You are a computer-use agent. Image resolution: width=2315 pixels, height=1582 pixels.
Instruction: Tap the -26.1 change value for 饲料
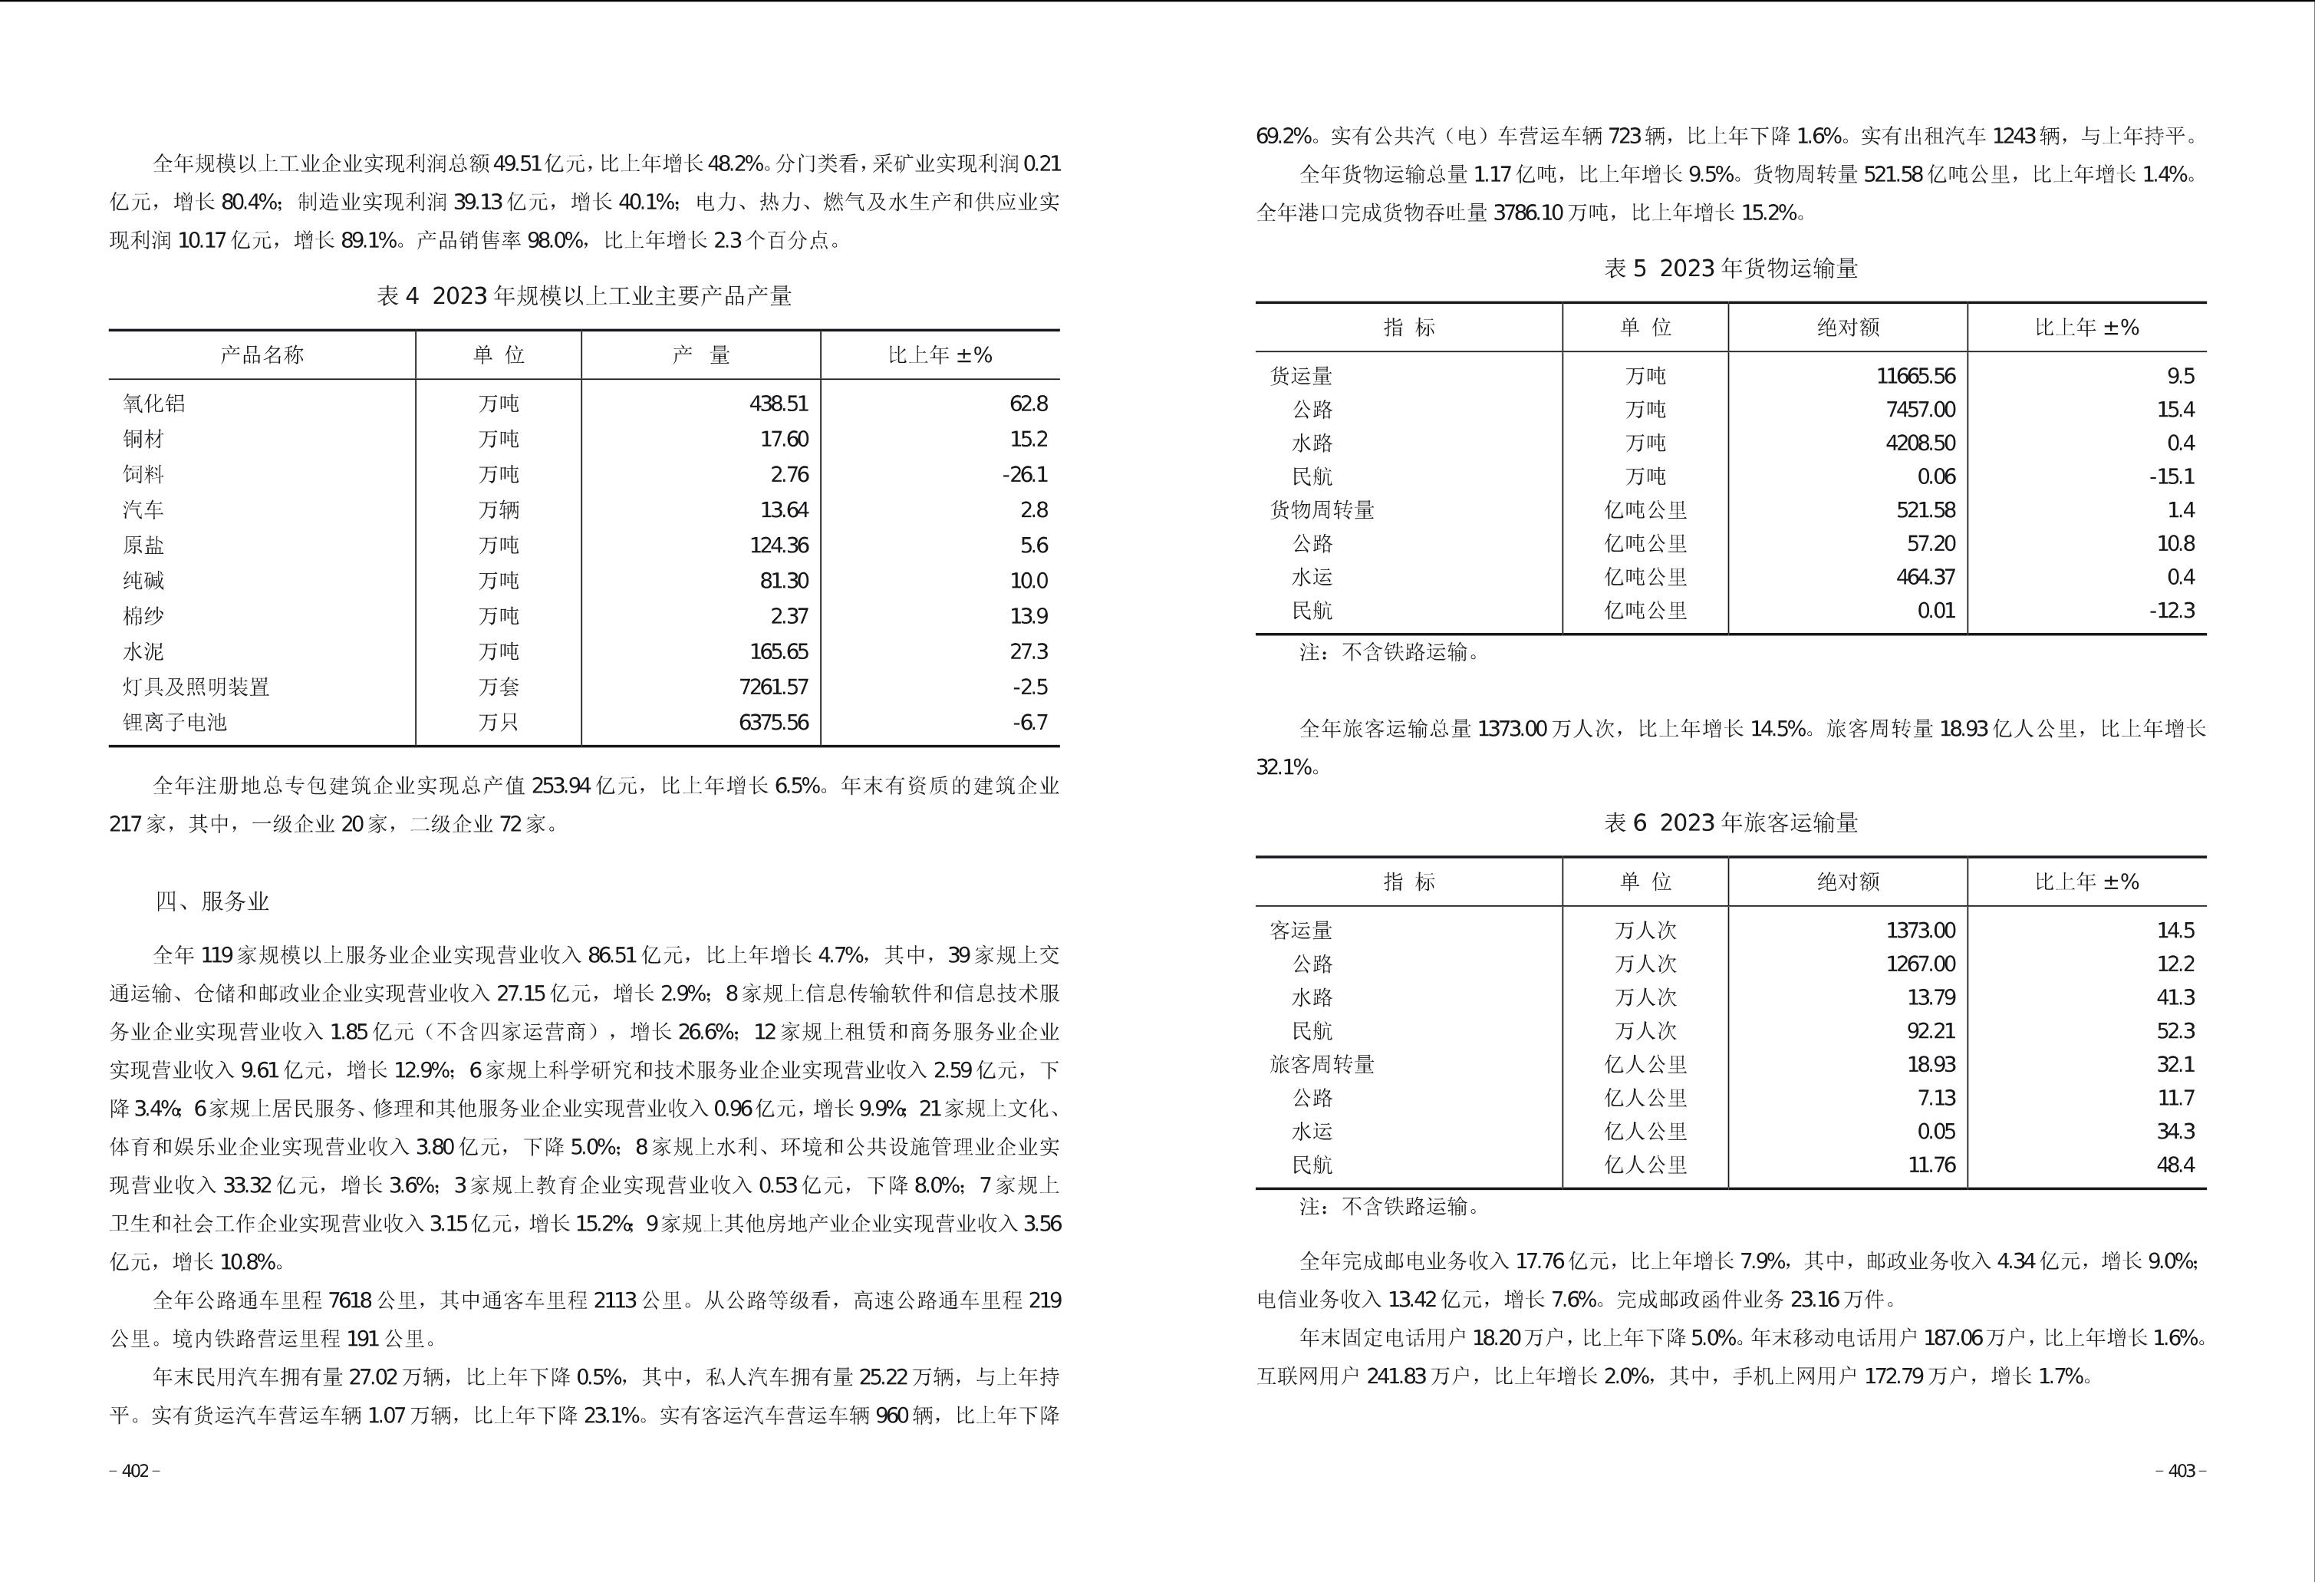tap(1024, 474)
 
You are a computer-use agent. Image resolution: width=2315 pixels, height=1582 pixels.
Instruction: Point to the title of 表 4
tap(584, 296)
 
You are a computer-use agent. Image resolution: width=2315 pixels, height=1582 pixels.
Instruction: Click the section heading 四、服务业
tap(212, 901)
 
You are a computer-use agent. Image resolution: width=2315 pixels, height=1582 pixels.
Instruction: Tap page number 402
tap(134, 1472)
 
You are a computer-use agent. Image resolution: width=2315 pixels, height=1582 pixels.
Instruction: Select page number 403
tap(2181, 1472)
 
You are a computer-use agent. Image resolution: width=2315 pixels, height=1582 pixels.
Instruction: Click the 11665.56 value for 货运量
tap(1915, 377)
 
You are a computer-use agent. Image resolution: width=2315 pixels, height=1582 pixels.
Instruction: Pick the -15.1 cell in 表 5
tap(2171, 476)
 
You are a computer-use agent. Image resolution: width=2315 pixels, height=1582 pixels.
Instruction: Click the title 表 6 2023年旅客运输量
tap(1731, 823)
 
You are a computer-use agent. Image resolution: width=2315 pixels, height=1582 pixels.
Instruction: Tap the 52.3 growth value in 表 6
tap(2175, 1031)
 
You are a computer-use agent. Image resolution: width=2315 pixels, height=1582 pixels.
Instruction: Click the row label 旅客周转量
tap(1321, 1064)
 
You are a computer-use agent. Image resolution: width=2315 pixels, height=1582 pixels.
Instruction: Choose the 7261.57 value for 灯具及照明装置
tap(773, 687)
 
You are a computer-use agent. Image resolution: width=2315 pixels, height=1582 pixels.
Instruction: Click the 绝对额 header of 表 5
tap(1847, 328)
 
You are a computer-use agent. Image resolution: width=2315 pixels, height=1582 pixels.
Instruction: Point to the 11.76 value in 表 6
tap(1931, 1165)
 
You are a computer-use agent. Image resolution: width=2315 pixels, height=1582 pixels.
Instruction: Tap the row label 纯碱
tap(143, 581)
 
